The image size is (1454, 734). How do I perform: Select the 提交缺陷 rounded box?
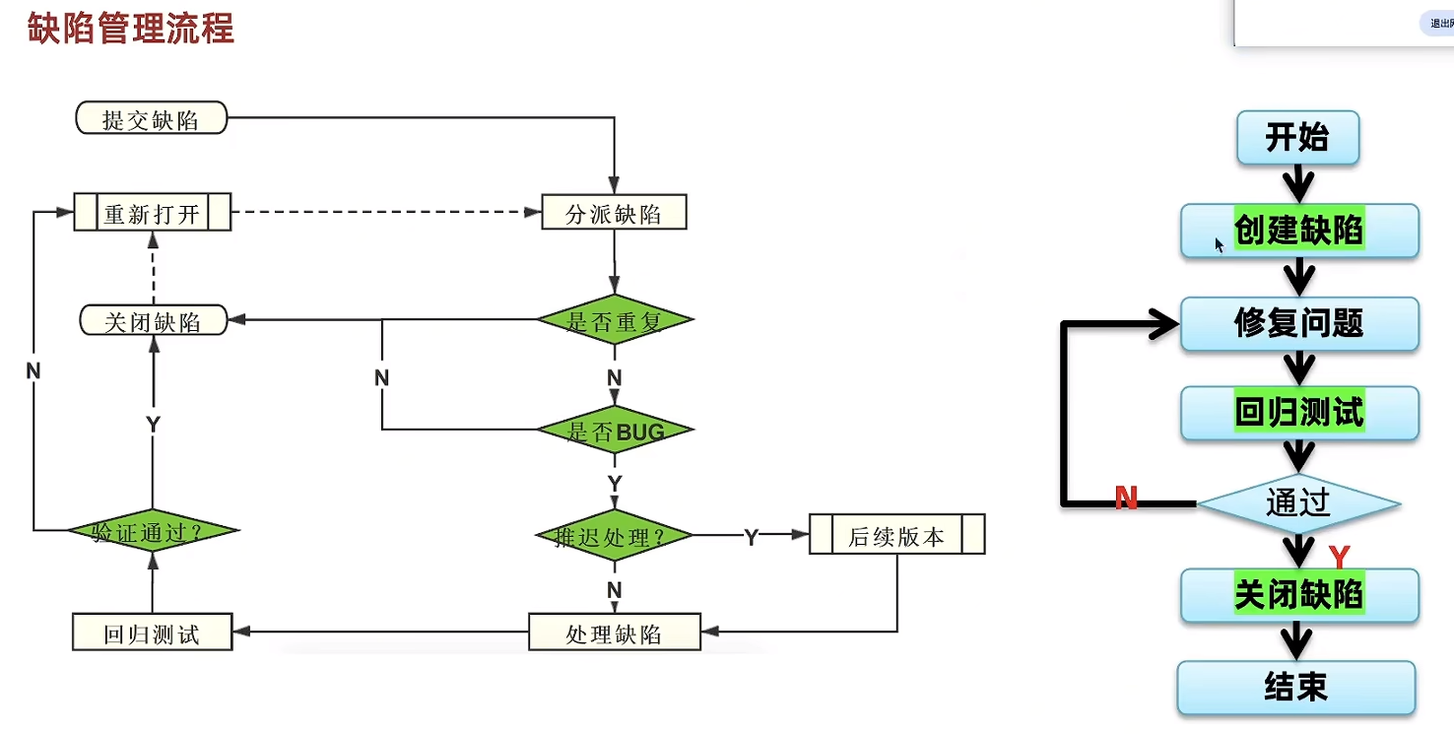[152, 119]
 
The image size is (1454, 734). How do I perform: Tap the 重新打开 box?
[152, 213]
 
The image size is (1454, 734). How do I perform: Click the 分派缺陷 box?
[614, 213]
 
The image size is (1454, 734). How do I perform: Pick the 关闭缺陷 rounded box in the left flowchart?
[153, 321]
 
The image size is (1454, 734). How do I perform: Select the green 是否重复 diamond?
[615, 321]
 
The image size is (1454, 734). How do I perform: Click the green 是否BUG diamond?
[615, 431]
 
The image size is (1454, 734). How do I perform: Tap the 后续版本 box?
[896, 536]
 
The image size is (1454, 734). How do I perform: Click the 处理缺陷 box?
[614, 633]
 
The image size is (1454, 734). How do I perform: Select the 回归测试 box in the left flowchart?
[152, 633]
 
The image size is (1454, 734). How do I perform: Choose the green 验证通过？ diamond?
[153, 532]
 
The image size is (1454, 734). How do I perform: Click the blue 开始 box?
[1297, 137]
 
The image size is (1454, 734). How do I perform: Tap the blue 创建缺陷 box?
[1298, 231]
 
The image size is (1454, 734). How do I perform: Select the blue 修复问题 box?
[1298, 322]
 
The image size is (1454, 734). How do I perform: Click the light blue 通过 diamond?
[1298, 503]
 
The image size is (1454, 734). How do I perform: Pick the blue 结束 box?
[1296, 687]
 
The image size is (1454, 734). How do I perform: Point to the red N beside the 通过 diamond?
[1126, 498]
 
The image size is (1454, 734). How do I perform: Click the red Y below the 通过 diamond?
[1338, 558]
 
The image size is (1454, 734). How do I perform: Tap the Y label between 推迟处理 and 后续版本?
[751, 537]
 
